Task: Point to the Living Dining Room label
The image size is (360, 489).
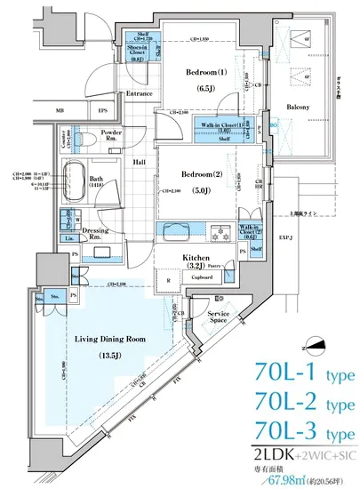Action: coord(110,339)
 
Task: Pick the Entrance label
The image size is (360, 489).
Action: coord(140,92)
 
